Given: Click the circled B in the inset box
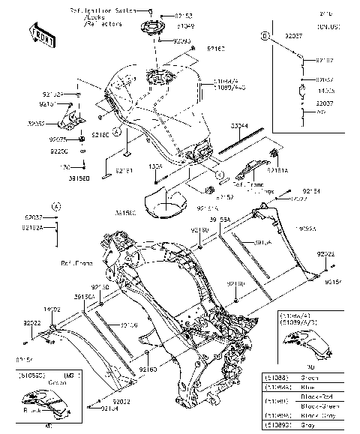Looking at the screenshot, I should tap(265, 36).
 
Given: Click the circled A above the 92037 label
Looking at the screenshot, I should tap(57, 205).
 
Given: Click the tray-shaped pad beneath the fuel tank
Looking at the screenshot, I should tap(168, 202).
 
